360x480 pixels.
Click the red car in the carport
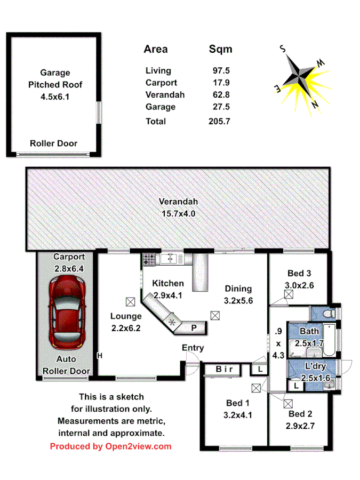(x=67, y=312)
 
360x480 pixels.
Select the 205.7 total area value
(x=219, y=122)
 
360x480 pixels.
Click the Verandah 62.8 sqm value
(x=219, y=95)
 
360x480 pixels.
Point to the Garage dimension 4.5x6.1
(x=55, y=97)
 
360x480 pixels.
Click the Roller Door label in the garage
(x=53, y=143)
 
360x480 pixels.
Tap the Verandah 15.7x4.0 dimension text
(x=178, y=213)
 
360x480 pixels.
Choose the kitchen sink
(x=169, y=259)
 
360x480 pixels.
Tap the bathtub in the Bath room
(x=330, y=340)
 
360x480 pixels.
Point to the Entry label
(x=193, y=348)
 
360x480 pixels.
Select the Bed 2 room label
(x=300, y=414)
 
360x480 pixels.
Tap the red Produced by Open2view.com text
(x=111, y=446)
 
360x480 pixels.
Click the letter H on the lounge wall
(x=99, y=355)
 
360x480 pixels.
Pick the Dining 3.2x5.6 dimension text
(x=238, y=300)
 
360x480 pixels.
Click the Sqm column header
(x=220, y=50)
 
